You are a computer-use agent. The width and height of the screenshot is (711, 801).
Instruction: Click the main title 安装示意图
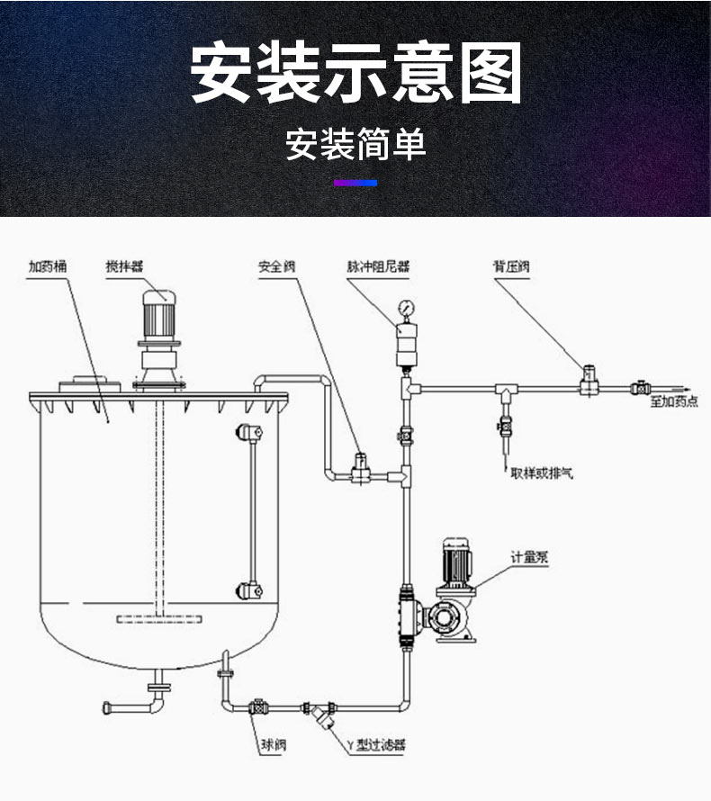[x=355, y=72]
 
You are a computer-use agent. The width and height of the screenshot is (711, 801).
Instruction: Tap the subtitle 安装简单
[x=355, y=144]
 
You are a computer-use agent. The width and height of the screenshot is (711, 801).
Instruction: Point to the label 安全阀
[x=276, y=266]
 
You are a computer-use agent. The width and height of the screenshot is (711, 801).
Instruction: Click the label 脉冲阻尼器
[x=378, y=266]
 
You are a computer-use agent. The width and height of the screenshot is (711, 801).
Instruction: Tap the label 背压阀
[x=510, y=266]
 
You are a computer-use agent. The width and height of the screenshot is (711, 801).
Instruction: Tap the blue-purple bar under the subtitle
[x=355, y=183]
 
